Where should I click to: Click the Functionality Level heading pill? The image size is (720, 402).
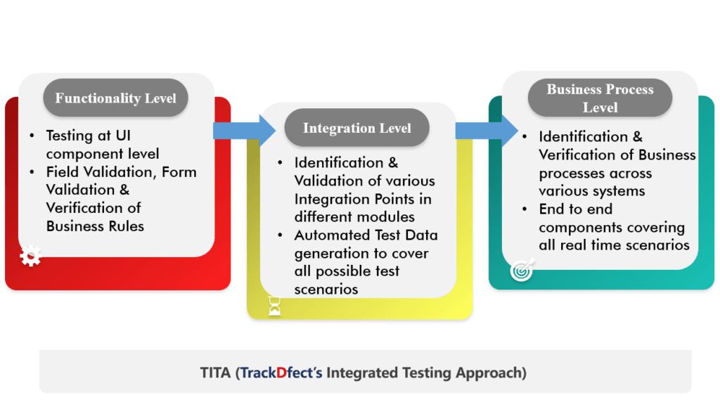tap(116, 97)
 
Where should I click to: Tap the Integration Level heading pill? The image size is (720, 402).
tap(356, 128)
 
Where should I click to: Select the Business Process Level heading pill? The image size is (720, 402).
tap(600, 98)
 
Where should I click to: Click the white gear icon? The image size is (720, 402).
tap(31, 256)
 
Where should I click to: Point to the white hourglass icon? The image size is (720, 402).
tap(275, 306)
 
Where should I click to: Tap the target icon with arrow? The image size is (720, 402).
tap(522, 269)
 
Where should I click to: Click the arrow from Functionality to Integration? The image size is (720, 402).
tap(244, 131)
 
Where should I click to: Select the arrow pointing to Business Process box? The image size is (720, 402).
tap(487, 131)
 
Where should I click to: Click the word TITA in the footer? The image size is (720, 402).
tap(215, 372)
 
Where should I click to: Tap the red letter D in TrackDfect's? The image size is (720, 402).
tap(281, 372)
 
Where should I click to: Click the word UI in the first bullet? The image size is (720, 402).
tap(123, 136)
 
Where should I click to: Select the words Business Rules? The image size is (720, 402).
tap(95, 226)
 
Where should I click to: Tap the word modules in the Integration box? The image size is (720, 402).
tap(385, 216)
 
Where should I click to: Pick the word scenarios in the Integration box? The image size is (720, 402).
tap(326, 290)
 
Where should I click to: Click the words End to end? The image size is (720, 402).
tap(576, 209)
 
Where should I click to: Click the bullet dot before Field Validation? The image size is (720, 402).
tap(32, 172)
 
